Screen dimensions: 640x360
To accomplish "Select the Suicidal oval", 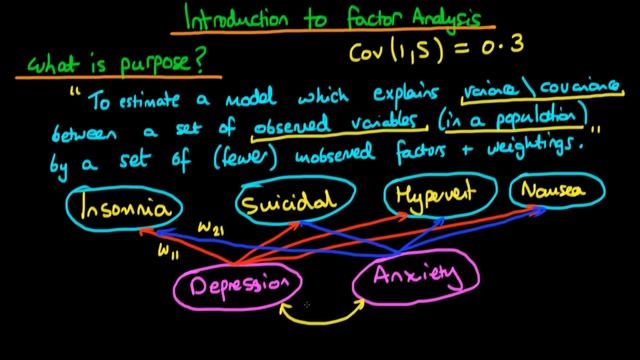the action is (x=288, y=204).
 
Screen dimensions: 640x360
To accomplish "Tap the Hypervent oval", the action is (x=432, y=195).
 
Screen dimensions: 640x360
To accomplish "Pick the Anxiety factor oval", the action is (x=416, y=275).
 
